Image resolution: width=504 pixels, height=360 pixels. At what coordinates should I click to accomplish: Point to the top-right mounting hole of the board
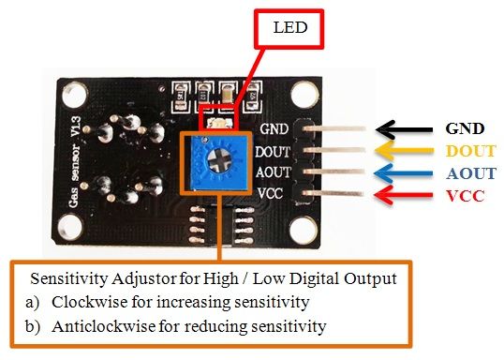click(303, 95)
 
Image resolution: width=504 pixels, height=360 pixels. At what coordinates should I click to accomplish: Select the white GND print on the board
click(274, 130)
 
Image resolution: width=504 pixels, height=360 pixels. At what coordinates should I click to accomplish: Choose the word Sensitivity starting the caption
click(67, 278)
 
